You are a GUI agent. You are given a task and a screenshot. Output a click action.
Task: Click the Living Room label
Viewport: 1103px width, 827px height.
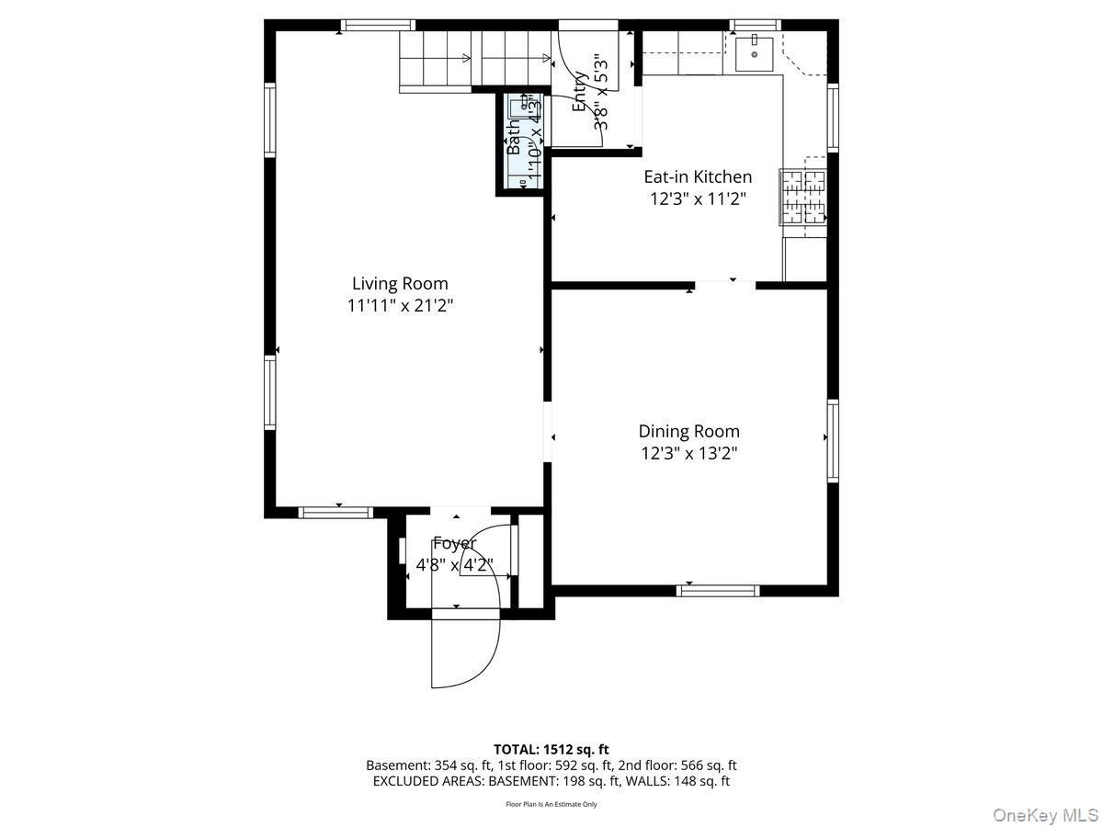[400, 284]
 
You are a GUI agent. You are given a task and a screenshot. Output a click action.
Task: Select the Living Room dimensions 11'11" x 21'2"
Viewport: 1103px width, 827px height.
[400, 306]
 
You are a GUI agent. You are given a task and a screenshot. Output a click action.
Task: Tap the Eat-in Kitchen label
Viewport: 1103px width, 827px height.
[697, 176]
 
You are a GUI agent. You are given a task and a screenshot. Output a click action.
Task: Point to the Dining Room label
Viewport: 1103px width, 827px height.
[688, 431]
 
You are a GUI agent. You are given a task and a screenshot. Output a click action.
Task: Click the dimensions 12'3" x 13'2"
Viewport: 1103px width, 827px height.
[688, 453]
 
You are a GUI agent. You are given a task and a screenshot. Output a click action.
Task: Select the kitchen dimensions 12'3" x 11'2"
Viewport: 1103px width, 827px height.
[697, 198]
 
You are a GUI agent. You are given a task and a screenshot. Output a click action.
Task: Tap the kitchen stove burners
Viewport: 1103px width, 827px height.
[802, 197]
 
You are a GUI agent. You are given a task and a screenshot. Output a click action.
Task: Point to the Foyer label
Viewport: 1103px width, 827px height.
[454, 543]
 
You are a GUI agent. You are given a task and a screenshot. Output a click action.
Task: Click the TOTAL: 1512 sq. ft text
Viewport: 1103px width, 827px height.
[551, 750]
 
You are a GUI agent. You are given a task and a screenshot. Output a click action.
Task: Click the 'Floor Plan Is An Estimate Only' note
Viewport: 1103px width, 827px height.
[551, 804]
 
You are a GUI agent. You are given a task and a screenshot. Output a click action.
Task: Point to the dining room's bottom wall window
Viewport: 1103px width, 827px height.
[718, 590]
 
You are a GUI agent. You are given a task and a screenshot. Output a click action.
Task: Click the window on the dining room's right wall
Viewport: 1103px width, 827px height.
[832, 440]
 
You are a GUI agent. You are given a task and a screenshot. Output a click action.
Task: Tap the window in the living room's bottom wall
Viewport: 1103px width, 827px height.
[336, 512]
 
